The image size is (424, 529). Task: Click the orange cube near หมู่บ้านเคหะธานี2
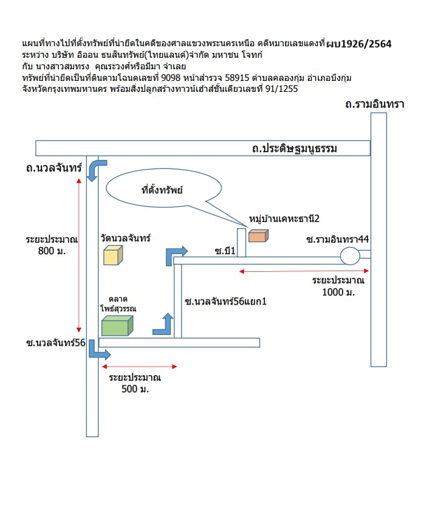(259, 236)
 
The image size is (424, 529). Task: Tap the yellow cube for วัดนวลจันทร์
(113, 255)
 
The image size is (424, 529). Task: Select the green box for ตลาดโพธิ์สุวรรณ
(117, 325)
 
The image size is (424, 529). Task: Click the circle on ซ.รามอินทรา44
(350, 256)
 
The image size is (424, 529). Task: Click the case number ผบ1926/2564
(359, 44)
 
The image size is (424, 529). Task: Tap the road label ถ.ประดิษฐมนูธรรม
(294, 148)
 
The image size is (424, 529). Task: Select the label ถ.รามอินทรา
(375, 104)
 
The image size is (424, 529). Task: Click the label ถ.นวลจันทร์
(54, 168)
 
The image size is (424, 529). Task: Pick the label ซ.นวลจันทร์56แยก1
(225, 301)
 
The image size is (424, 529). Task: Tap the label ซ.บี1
(225, 251)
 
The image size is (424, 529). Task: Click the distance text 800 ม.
(52, 251)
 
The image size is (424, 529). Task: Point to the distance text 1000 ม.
(338, 292)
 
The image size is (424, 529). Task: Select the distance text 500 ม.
(135, 389)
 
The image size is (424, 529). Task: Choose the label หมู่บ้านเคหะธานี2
(284, 219)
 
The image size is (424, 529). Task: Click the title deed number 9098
(171, 78)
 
